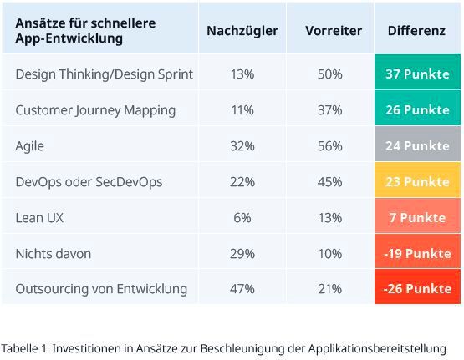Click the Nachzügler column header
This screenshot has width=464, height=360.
coord(242,31)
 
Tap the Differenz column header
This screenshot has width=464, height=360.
coord(416,31)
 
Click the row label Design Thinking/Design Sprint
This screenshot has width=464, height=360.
coord(104,74)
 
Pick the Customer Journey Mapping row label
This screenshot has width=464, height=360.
coord(95,110)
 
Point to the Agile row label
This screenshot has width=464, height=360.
coord(29,146)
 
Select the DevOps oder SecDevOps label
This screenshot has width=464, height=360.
coord(89,182)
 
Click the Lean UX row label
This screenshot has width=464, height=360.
coord(39,218)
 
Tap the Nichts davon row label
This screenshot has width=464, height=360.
coord(54,254)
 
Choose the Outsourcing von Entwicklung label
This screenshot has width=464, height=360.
coord(101,289)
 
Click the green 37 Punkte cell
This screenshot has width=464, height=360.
coord(416,74)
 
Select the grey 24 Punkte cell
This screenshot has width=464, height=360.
coord(416,146)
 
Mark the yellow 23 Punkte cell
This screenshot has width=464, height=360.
coord(416,182)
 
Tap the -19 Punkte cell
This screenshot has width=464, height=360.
coord(416,254)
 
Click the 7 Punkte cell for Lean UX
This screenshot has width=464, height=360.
coord(416,218)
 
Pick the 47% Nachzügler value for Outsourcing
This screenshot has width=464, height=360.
coord(242,289)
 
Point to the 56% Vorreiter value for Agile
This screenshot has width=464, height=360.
coord(330,146)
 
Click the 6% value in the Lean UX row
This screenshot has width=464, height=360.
coord(242,218)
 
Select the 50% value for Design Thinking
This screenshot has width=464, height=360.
coord(330,74)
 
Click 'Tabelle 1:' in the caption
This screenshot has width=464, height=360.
coord(25,347)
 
